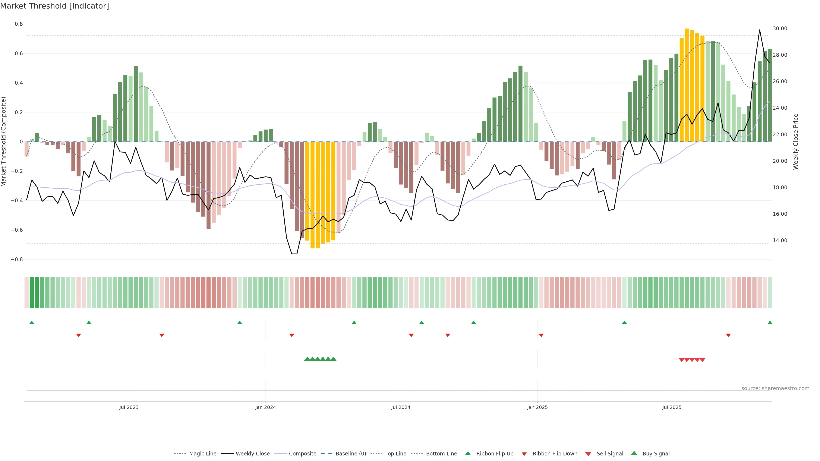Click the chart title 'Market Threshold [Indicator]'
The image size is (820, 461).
(54, 6)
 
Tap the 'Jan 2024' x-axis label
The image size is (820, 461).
(265, 407)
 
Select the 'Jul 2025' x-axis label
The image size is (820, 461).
(672, 407)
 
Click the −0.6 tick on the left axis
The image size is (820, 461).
(17, 230)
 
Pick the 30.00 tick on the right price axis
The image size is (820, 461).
(780, 29)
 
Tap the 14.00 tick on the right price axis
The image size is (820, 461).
(780, 241)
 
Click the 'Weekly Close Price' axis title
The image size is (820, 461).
(796, 142)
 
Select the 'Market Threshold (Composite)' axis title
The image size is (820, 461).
(4, 142)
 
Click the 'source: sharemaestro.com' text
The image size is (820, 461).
(775, 388)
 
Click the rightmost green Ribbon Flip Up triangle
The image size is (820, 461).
(770, 323)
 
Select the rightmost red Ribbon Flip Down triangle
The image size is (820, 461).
(728, 335)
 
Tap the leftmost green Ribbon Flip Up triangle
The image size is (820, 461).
(32, 323)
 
